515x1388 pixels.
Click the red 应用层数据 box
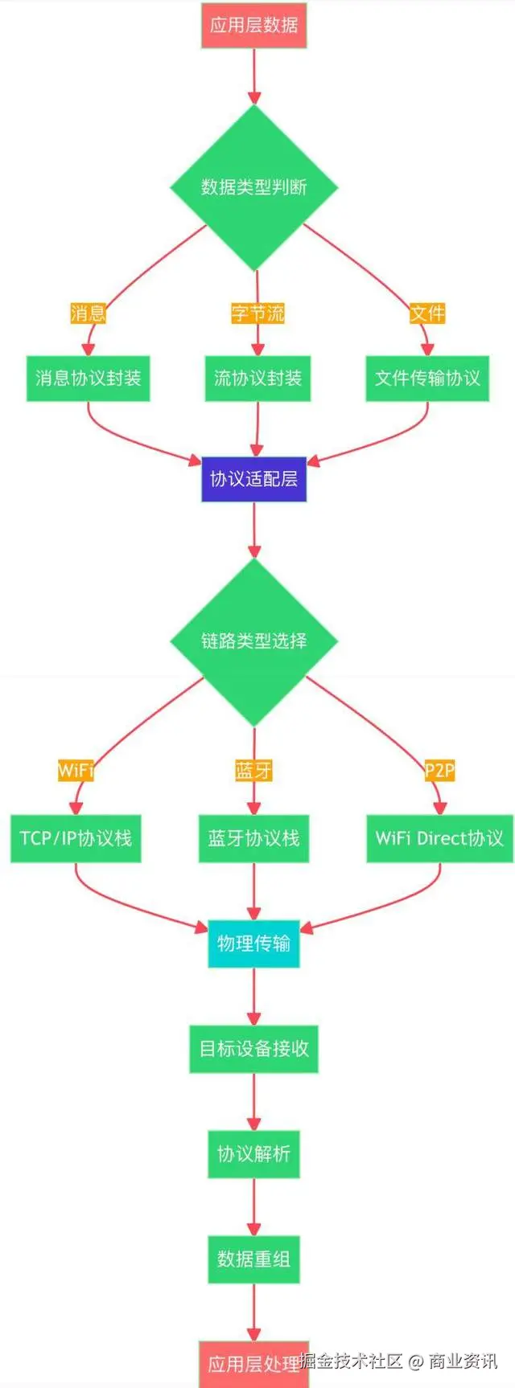[x=254, y=25]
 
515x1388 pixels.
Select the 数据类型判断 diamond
[x=254, y=187]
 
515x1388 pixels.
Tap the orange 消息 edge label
[x=89, y=313]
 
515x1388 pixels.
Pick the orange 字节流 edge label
[x=257, y=313]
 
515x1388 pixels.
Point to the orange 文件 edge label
[x=427, y=313]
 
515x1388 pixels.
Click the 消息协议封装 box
[x=89, y=378]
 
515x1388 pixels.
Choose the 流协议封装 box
[x=257, y=378]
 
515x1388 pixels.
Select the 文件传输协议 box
[x=427, y=378]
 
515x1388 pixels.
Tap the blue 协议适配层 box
[x=254, y=479]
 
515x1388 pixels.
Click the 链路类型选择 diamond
[x=254, y=641]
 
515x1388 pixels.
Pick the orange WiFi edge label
[x=76, y=771]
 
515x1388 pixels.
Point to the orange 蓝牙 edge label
[x=254, y=771]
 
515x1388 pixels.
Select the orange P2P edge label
[x=439, y=771]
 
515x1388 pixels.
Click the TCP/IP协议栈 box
[x=76, y=838]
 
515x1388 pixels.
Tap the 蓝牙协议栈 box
[x=254, y=838]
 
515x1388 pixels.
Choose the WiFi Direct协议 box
[x=439, y=838]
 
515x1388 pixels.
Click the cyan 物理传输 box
[x=254, y=944]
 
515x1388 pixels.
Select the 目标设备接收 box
[x=254, y=1048]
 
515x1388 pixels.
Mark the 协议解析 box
[x=254, y=1154]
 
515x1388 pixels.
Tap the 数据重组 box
[x=254, y=1259]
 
